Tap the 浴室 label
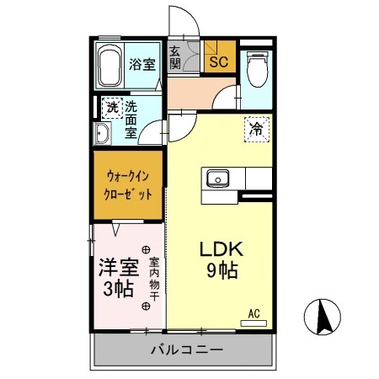click(x=141, y=64)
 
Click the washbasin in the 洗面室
click(x=103, y=133)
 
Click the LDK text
click(x=221, y=250)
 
